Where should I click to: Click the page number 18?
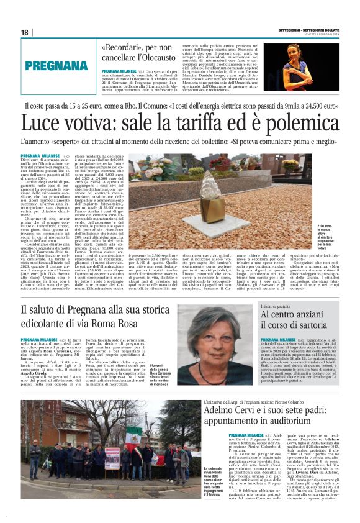[24, 32]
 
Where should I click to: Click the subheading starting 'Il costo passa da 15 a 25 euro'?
[181, 106]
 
